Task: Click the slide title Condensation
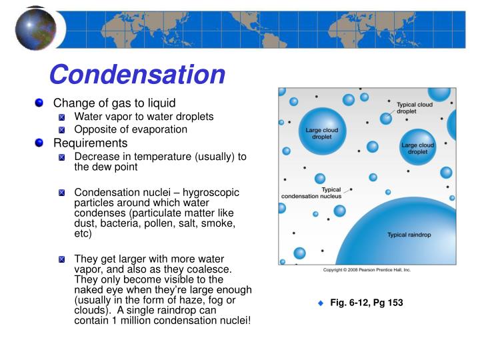137,74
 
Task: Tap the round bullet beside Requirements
39,143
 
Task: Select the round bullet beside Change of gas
39,103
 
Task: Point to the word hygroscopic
208,192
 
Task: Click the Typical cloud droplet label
415,108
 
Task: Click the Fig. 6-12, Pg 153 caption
367,303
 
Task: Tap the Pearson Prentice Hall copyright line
367,270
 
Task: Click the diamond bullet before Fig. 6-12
320,303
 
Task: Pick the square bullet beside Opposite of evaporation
62,130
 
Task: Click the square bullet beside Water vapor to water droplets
62,117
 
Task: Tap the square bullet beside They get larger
62,259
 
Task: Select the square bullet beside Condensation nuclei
62,193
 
